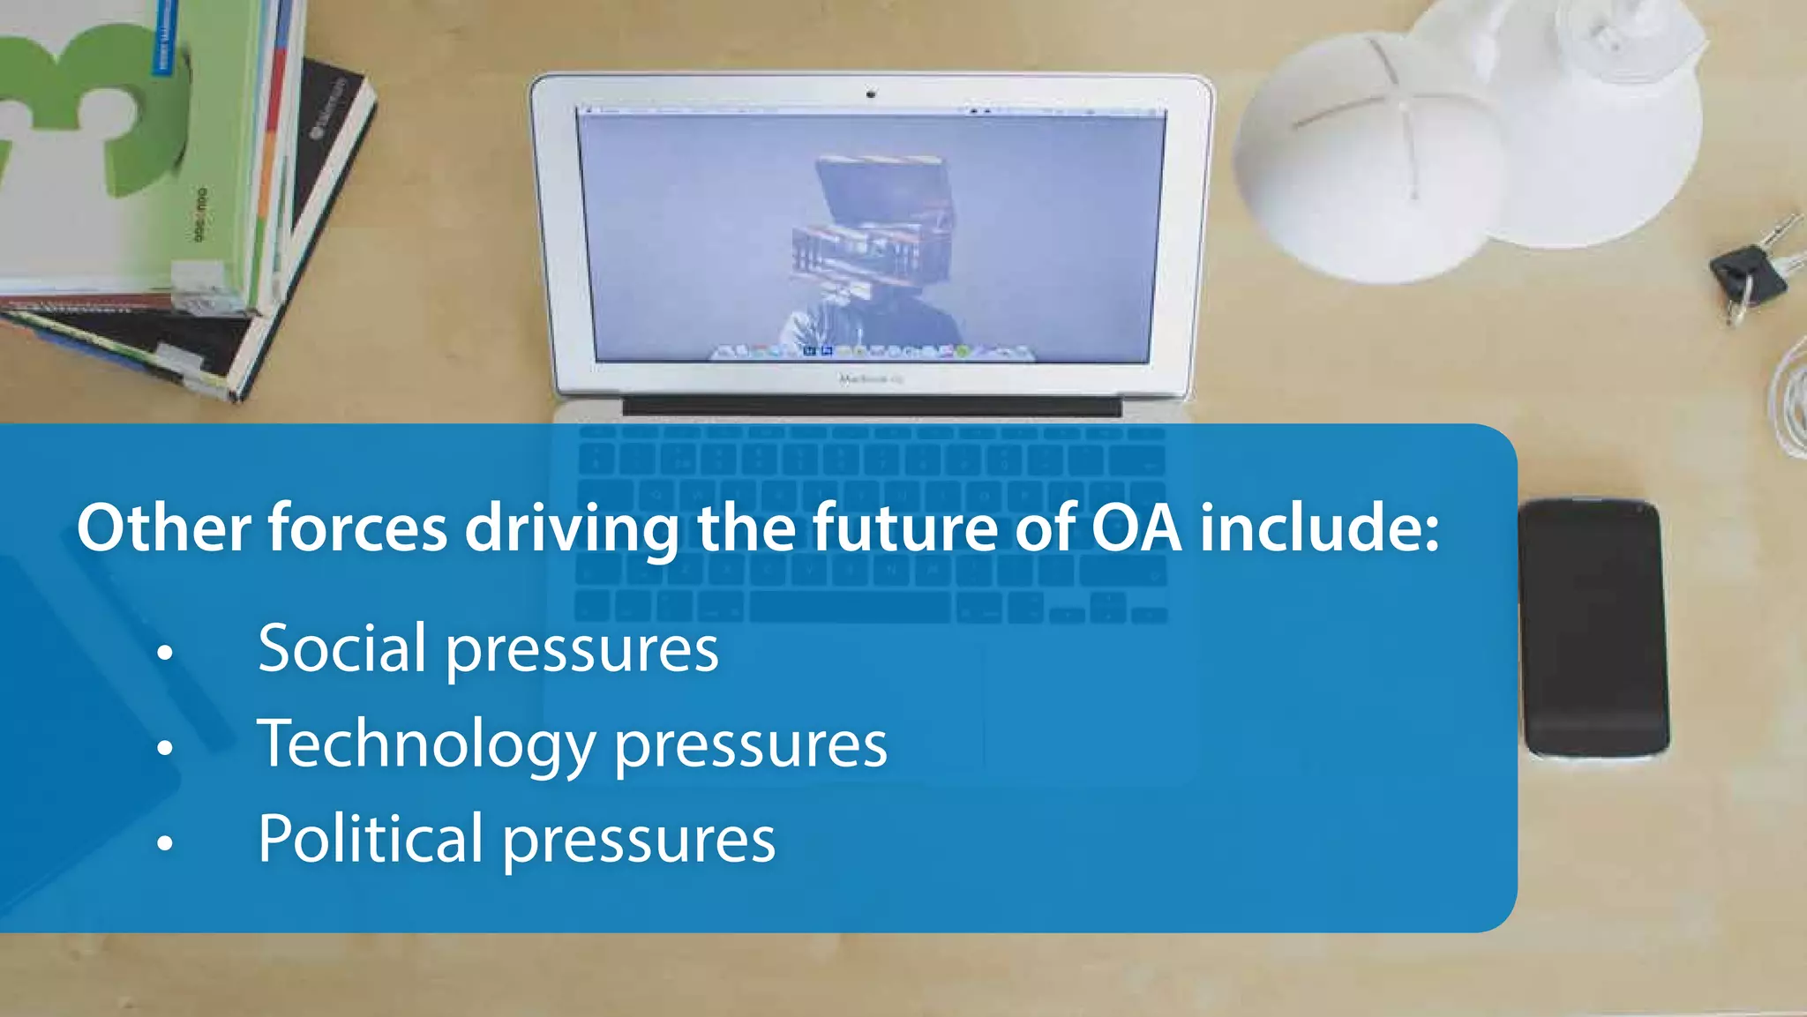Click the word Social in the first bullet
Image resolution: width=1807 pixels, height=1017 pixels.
(x=341, y=648)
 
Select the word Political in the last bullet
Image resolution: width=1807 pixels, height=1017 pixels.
(x=370, y=839)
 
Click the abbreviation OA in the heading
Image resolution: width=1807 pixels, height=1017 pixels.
(x=1136, y=528)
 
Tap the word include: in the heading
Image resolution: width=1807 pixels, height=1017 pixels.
(x=1319, y=528)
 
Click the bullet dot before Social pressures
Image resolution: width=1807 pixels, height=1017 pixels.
(x=165, y=654)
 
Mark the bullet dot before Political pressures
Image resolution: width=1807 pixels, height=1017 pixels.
(x=165, y=843)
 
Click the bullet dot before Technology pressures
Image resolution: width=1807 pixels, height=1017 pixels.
(x=165, y=748)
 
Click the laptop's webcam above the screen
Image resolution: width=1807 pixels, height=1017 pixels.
(x=871, y=93)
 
